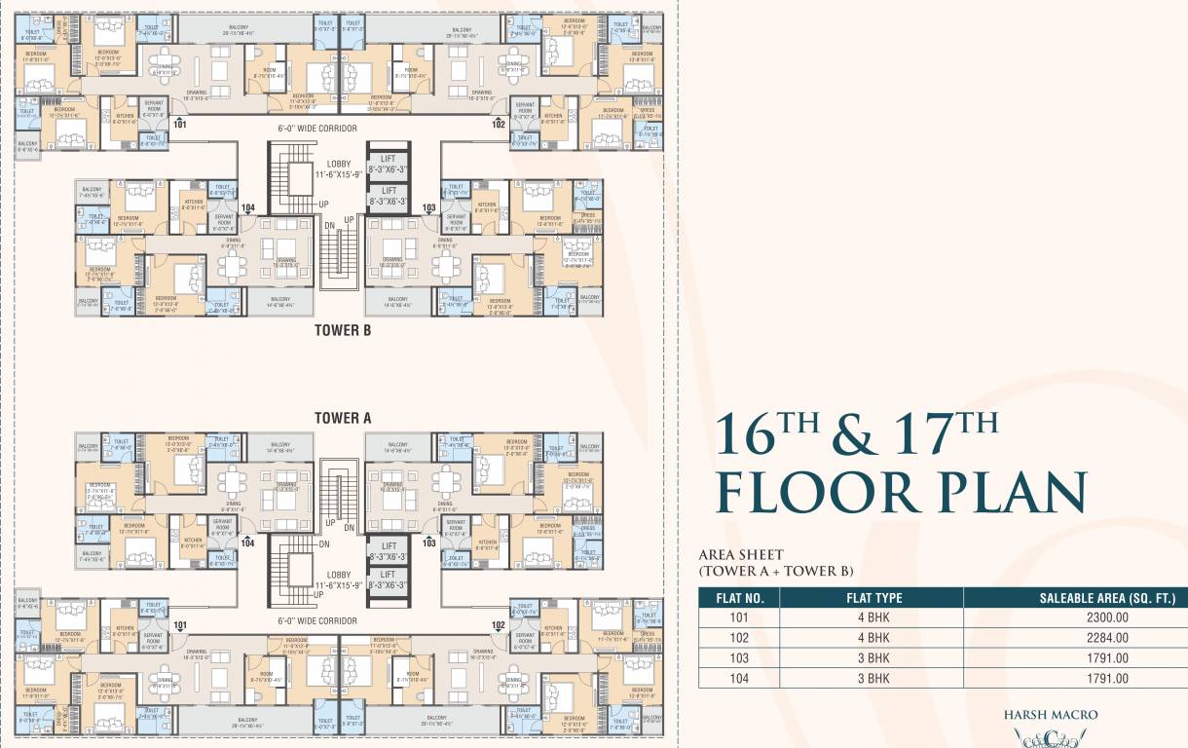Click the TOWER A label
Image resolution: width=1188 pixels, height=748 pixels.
343,418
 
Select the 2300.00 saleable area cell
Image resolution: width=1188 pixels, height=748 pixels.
1075,617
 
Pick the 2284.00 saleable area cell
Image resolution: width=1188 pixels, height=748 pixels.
1075,638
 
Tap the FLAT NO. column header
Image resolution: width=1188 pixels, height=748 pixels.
738,598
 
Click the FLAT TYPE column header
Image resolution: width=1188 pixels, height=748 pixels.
871,598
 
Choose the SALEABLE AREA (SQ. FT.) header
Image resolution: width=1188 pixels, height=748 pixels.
1075,598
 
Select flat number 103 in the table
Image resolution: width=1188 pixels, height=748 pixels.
738,658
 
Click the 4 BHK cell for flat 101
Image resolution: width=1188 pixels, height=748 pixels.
871,617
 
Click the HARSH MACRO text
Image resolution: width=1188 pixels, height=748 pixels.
1050,715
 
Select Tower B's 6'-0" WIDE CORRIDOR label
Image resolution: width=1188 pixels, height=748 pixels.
316,128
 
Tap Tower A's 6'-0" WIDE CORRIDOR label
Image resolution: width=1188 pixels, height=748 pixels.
316,620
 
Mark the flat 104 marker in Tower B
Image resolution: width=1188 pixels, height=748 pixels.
247,207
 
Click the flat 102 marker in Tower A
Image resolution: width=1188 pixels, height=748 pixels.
499,624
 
